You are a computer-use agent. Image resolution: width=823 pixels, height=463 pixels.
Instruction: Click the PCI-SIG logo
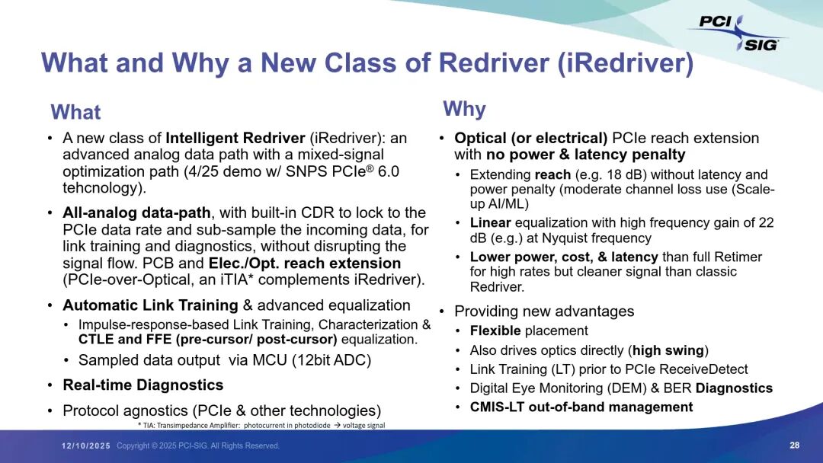tap(738, 33)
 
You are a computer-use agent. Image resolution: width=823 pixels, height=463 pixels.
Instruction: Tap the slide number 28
tap(794, 445)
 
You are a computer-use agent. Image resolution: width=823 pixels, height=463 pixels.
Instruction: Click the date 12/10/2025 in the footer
tap(85, 445)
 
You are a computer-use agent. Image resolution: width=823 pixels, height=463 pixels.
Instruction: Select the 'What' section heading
tap(75, 112)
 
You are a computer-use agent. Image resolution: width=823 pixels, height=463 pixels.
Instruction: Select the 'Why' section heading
tap(465, 110)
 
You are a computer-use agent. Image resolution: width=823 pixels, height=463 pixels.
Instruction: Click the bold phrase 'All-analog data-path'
tap(136, 213)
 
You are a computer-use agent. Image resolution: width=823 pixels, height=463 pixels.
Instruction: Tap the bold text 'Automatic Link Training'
tap(150, 305)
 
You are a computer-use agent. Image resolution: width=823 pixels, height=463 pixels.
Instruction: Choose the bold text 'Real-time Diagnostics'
tap(143, 385)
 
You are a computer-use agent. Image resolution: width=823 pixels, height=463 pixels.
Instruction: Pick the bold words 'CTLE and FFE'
tap(125, 339)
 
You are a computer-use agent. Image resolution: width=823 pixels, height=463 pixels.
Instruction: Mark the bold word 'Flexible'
tap(495, 330)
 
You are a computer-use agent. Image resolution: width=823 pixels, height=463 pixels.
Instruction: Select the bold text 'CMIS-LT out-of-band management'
tap(581, 407)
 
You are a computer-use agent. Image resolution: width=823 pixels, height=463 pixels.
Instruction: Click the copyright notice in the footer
tap(198, 445)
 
